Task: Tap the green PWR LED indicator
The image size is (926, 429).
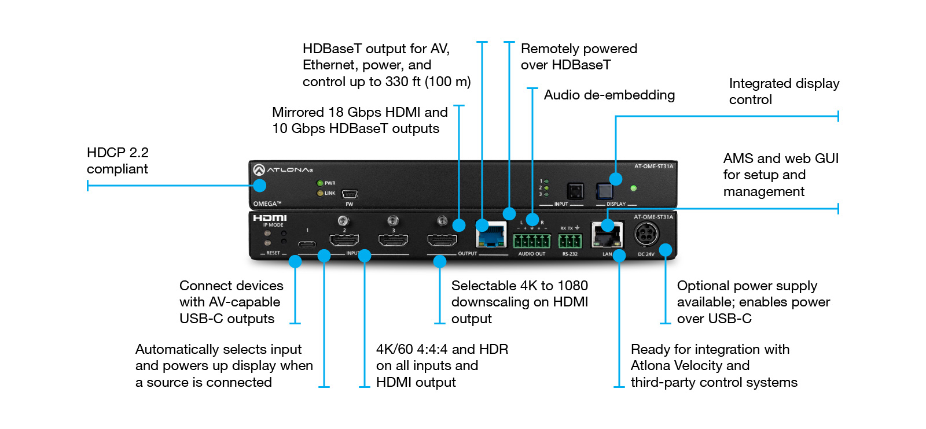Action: coord(319,183)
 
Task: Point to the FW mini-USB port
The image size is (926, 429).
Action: coord(350,194)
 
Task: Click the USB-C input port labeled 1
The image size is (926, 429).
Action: coord(307,243)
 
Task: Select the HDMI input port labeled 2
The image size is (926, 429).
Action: coord(344,240)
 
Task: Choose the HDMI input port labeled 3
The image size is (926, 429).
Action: coord(394,240)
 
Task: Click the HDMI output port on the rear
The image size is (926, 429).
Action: coord(442,240)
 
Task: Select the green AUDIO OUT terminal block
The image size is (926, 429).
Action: coord(531,241)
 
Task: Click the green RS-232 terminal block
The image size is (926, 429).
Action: coord(570,241)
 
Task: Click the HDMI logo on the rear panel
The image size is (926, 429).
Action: coord(270,218)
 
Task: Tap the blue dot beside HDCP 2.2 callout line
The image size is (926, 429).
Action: coord(260,186)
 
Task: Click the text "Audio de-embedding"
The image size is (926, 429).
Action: coord(609,95)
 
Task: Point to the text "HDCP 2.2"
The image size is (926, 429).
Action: coord(117,153)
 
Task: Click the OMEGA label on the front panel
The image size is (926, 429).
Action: coord(267,204)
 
